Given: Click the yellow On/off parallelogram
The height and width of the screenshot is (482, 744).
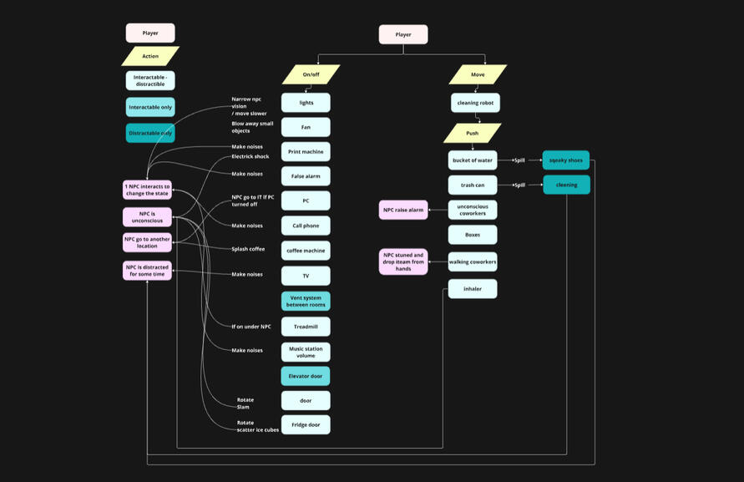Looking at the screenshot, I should (x=311, y=74).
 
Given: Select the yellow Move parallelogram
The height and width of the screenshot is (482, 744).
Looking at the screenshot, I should (x=478, y=74).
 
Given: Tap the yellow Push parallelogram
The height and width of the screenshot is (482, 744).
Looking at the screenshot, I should (x=472, y=133).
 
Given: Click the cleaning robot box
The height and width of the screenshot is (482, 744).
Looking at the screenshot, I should (x=475, y=103).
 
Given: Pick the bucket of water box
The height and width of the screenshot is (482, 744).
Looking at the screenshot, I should (x=472, y=160).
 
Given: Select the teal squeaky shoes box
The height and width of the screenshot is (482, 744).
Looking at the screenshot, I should (x=565, y=160).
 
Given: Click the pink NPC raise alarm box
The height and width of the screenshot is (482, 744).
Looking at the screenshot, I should (x=404, y=210).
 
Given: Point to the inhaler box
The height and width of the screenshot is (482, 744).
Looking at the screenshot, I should (x=472, y=289).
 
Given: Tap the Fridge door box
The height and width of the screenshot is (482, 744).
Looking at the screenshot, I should (x=306, y=424).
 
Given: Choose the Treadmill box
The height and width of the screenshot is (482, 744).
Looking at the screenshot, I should (x=306, y=327).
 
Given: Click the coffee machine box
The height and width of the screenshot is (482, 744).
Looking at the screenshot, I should (x=306, y=251).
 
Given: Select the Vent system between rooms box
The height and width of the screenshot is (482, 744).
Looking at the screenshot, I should (x=306, y=301).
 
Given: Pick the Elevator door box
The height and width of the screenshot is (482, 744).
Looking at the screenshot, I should (x=306, y=376).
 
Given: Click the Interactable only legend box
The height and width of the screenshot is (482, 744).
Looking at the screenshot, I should (x=150, y=107).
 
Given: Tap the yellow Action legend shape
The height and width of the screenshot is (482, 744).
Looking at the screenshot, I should (x=150, y=56).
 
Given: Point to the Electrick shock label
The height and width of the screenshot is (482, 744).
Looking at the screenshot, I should (x=250, y=156).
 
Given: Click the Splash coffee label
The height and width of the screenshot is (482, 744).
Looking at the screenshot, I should (x=248, y=249).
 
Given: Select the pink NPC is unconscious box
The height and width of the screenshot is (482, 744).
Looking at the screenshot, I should (x=147, y=217).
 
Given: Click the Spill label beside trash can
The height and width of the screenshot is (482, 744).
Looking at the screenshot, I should (x=519, y=185).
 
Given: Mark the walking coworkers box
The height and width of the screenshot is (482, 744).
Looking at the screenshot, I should (x=472, y=262).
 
